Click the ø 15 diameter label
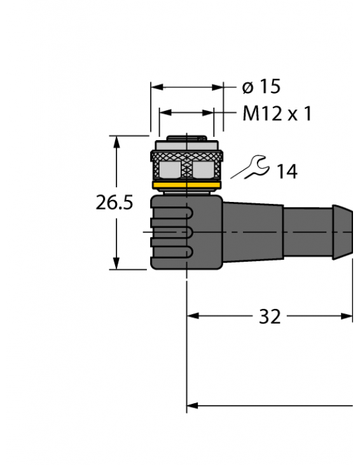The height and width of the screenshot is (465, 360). pyautogui.click(x=261, y=87)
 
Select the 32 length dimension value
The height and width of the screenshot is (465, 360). pyautogui.click(x=270, y=316)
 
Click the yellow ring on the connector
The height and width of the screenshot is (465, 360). pyautogui.click(x=186, y=185)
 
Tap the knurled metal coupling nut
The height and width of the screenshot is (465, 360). pyautogui.click(x=186, y=163)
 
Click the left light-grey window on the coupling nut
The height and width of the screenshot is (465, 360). pyautogui.click(x=170, y=169)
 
